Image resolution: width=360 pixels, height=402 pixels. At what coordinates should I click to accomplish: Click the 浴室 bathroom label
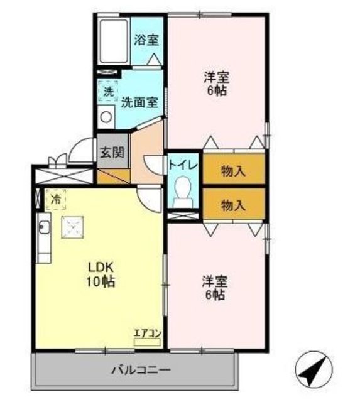(146, 40)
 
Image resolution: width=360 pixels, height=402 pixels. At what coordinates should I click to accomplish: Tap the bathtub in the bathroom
(114, 41)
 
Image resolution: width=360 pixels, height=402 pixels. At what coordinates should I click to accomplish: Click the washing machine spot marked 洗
(109, 92)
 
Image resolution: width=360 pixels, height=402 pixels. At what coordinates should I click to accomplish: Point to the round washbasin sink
(106, 117)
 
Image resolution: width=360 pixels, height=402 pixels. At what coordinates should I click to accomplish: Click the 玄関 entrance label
(112, 152)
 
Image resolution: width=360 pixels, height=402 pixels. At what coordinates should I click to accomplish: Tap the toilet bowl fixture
(183, 192)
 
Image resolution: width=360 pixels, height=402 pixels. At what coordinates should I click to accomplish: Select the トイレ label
(183, 165)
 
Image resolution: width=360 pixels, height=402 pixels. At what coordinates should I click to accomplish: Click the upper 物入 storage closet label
(234, 171)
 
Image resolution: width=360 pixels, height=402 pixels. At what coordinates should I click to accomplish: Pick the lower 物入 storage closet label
(234, 205)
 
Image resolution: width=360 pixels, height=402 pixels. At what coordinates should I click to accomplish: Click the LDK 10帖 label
(101, 274)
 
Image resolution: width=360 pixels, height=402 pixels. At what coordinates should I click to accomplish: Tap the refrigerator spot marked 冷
(56, 200)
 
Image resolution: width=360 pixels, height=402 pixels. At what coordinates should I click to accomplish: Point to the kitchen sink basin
(44, 227)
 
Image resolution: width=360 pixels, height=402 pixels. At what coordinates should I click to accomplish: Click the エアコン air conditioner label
(148, 334)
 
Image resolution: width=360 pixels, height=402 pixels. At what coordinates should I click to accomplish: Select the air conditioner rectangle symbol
(147, 342)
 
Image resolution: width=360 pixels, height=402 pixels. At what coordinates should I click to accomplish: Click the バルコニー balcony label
(141, 370)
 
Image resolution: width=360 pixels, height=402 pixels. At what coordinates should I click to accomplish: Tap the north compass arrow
(314, 370)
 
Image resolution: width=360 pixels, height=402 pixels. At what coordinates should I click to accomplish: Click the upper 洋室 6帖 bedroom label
(217, 84)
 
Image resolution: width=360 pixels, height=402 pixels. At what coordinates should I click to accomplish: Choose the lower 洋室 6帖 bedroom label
(215, 288)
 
